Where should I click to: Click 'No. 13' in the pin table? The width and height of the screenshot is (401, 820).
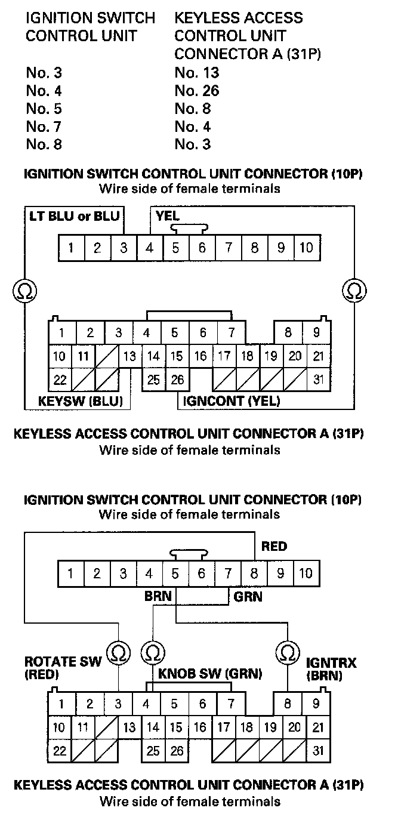[x=197, y=73]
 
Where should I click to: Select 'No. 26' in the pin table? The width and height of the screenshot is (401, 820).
[x=197, y=91]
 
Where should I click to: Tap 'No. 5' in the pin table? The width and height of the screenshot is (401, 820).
[x=44, y=109]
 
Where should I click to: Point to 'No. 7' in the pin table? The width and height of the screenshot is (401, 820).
[x=44, y=127]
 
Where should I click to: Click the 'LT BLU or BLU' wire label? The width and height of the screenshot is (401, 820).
[x=74, y=215]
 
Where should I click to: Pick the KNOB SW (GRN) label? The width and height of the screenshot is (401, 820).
[x=210, y=674]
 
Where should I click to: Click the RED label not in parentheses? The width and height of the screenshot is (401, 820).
[x=274, y=547]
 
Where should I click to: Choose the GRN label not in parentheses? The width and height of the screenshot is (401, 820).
[x=248, y=596]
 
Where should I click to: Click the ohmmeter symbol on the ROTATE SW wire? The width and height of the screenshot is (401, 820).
[x=119, y=652]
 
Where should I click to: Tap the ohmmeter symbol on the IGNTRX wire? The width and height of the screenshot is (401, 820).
[x=288, y=652]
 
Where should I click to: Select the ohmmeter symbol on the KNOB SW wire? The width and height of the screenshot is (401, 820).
[x=153, y=652]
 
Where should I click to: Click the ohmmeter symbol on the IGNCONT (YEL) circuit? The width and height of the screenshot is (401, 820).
[x=353, y=291]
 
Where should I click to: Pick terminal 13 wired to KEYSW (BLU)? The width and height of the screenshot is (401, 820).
[x=129, y=357]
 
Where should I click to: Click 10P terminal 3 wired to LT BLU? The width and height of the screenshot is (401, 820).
[x=123, y=247]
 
